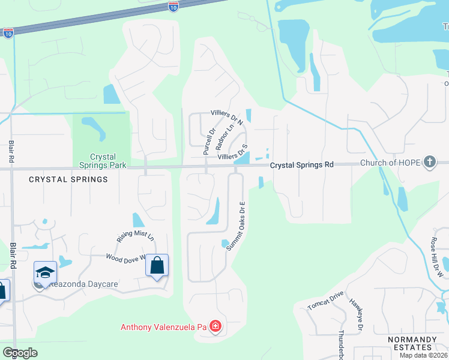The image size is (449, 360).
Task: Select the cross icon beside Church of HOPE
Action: tap(429, 161)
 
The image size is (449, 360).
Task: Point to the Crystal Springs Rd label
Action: tap(301, 164)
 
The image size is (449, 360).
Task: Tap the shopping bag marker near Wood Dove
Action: tap(157, 265)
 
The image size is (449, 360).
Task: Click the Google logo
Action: tap(20, 353)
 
